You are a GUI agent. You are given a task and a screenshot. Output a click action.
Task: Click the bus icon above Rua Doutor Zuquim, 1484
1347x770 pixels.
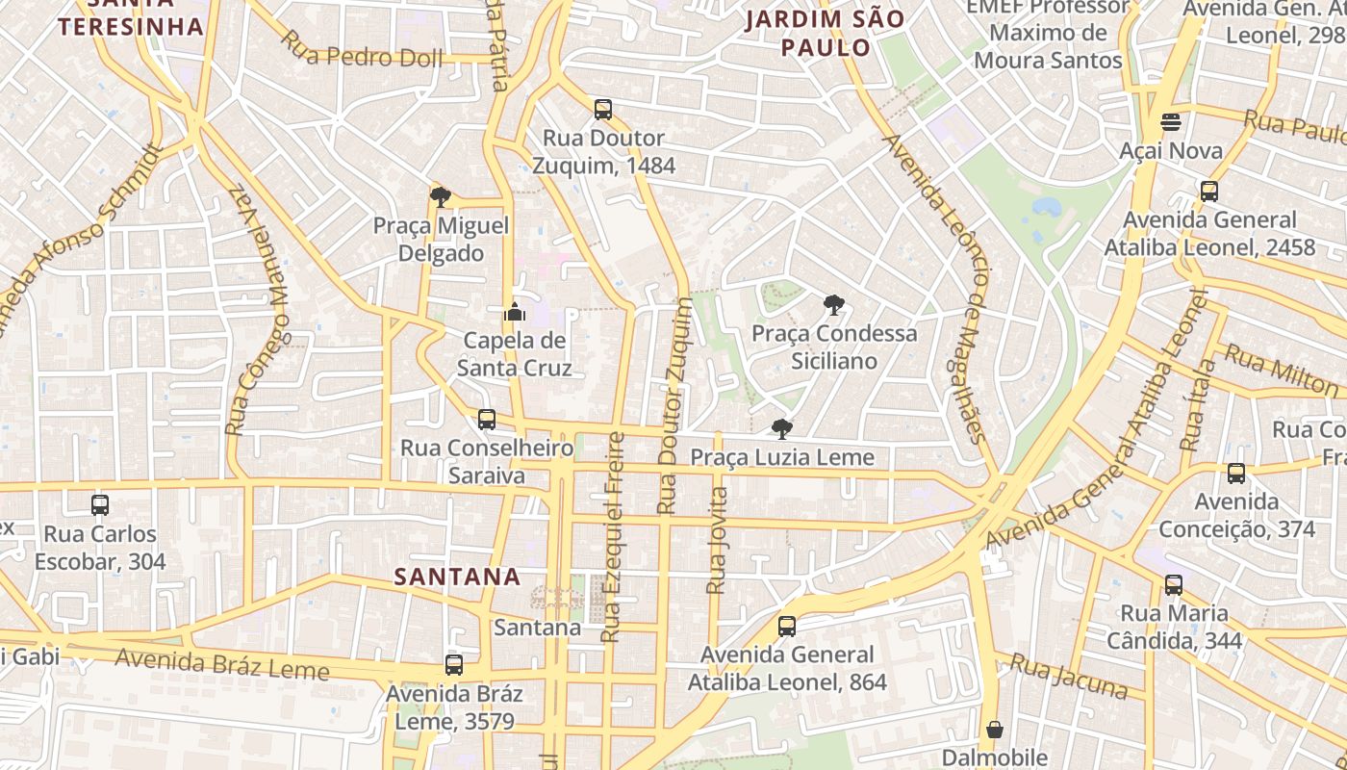[x=603, y=110]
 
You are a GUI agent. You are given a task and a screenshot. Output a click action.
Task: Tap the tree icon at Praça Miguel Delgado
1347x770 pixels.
[x=441, y=197]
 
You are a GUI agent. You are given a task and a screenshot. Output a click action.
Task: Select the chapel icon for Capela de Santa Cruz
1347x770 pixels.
[x=514, y=312]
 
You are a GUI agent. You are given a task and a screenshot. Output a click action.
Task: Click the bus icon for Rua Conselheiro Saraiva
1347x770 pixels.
[x=487, y=420]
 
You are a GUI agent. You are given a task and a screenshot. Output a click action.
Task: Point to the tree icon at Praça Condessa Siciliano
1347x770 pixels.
[x=834, y=305]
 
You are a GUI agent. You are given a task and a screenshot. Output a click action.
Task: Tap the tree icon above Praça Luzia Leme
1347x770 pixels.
[x=782, y=428]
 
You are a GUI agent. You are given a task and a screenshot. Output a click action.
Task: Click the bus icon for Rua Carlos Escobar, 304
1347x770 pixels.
[x=100, y=504]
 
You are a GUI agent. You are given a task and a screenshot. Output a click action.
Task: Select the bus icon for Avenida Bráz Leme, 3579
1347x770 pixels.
[x=454, y=664]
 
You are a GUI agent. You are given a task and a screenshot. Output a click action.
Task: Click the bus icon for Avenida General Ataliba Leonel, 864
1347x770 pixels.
[x=787, y=627]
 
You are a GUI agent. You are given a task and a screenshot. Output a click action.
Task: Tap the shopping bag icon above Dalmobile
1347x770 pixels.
[x=995, y=729]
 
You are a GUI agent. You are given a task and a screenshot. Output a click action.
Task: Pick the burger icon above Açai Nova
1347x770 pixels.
[x=1171, y=122]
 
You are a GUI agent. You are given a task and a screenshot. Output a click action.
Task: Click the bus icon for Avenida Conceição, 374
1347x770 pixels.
[x=1236, y=474]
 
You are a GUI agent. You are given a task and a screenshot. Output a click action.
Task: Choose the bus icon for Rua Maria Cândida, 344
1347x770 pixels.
[x=1174, y=584]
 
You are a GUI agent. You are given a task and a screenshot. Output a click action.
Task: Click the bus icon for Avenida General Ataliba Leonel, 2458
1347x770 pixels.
[x=1209, y=191]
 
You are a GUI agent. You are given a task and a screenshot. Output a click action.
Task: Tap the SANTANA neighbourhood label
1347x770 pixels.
[x=458, y=577]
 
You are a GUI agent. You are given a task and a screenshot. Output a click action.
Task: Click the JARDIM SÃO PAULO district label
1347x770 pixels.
[x=826, y=33]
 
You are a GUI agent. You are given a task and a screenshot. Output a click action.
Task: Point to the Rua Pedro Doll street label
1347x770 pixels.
[x=362, y=49]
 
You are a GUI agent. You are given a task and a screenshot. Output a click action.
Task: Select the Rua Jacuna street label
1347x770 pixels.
[x=1069, y=677]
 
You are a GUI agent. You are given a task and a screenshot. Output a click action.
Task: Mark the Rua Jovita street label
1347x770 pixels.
[x=717, y=540]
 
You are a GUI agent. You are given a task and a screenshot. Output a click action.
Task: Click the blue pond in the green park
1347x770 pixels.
[x=1046, y=207]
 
